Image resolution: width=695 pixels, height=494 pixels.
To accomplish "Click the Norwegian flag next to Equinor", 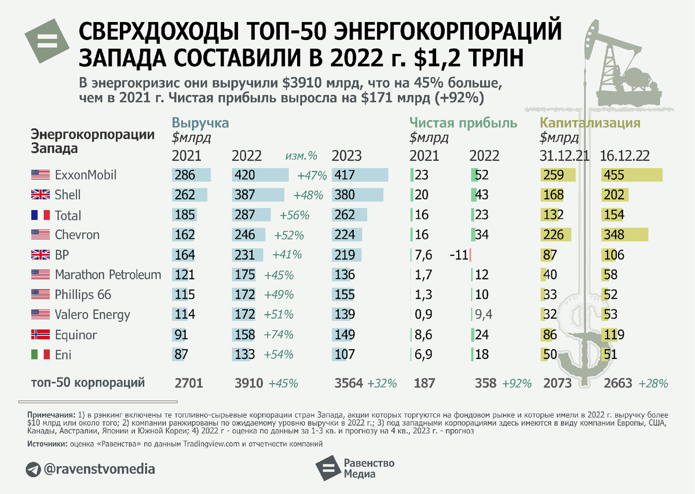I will (x=40, y=335).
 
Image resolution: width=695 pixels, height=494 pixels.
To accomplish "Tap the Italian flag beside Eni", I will (x=40, y=355).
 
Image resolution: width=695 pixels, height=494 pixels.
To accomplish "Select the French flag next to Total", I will (x=40, y=215).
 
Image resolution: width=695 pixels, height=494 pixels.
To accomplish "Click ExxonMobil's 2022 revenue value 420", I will (x=244, y=175).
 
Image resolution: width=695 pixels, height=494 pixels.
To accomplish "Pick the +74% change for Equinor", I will (x=279, y=335).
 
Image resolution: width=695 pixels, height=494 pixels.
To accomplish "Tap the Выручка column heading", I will (x=200, y=123).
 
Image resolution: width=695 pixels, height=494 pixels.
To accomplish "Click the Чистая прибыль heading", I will (x=463, y=123).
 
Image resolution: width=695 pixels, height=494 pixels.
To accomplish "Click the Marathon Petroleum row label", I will (x=108, y=275).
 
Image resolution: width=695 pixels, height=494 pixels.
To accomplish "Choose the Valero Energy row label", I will (x=93, y=315).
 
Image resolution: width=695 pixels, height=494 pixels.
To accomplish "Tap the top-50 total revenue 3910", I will (x=247, y=383).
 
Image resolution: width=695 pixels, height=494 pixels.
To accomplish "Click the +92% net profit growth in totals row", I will (x=517, y=383).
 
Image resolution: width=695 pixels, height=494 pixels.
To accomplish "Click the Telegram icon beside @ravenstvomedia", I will (x=32, y=468).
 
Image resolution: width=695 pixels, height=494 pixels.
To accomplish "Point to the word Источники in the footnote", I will (x=47, y=444).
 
